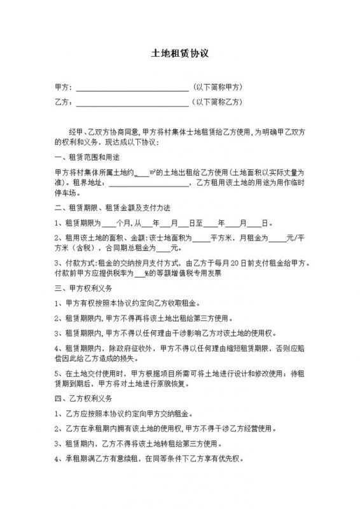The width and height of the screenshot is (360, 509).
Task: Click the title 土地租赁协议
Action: (179, 55)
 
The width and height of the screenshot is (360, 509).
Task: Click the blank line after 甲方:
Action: (132, 87)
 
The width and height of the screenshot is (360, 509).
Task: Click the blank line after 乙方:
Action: (132, 102)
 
